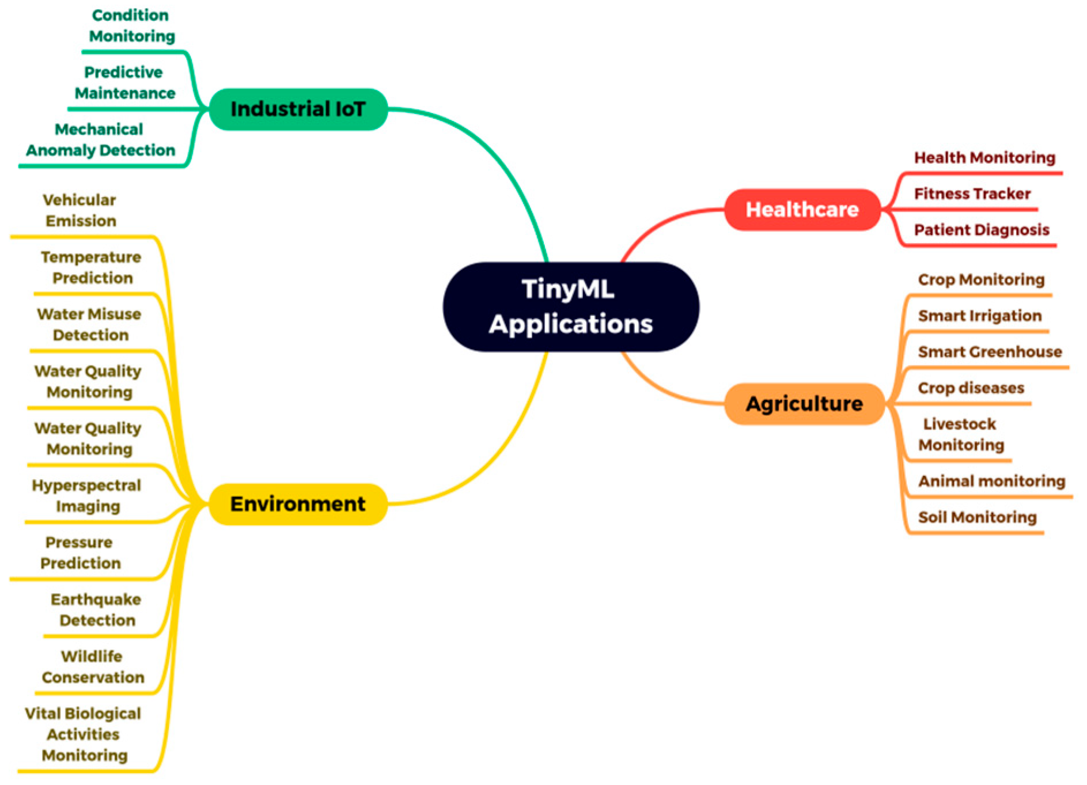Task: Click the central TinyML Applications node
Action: [570, 307]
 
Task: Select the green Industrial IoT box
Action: [298, 109]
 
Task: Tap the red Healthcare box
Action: [802, 210]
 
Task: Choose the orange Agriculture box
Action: [804, 404]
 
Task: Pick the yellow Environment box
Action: [298, 504]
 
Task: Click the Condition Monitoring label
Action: [131, 26]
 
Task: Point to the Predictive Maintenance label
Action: [124, 82]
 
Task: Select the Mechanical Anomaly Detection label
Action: [100, 140]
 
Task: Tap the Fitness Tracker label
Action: [972, 194]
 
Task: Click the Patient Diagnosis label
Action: [981, 230]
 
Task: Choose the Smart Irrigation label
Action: [979, 316]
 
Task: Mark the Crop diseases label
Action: [971, 388]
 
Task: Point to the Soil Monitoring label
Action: [977, 517]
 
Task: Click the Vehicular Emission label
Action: [80, 210]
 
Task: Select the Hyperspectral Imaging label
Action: [87, 496]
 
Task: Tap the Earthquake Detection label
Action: [96, 610]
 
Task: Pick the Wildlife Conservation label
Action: [93, 667]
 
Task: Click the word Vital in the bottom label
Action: [43, 714]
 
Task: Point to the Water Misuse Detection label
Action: [89, 324]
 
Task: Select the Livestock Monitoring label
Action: [960, 434]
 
